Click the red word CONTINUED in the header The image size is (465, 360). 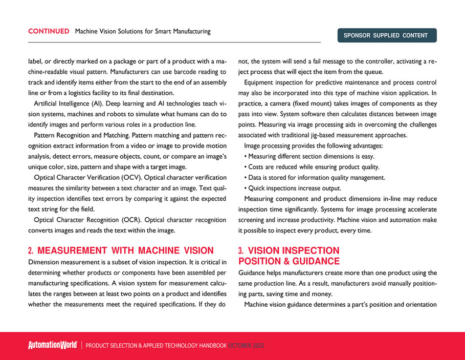49,31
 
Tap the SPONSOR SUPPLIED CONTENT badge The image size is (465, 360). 386,35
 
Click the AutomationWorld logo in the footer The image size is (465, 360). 52,346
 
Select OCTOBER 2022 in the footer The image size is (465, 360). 246,346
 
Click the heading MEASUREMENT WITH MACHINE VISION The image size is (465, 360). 125,250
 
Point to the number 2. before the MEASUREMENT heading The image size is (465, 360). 31,250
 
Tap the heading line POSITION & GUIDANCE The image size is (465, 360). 289,261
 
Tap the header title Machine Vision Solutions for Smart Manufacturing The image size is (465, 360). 143,31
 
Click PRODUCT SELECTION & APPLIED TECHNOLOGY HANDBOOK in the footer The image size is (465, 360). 156,346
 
